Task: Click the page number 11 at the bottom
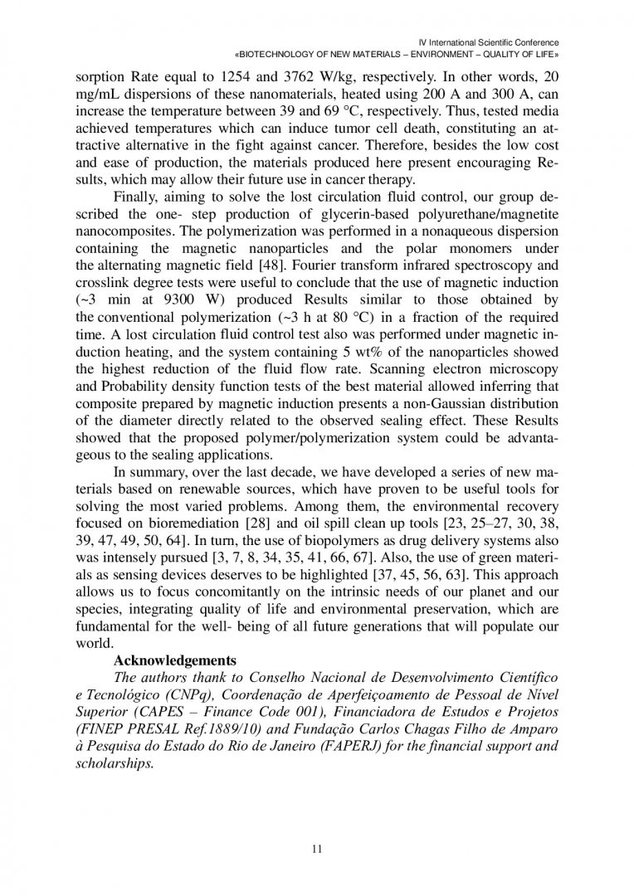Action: point(317,847)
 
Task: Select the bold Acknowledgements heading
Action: point(174,660)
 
